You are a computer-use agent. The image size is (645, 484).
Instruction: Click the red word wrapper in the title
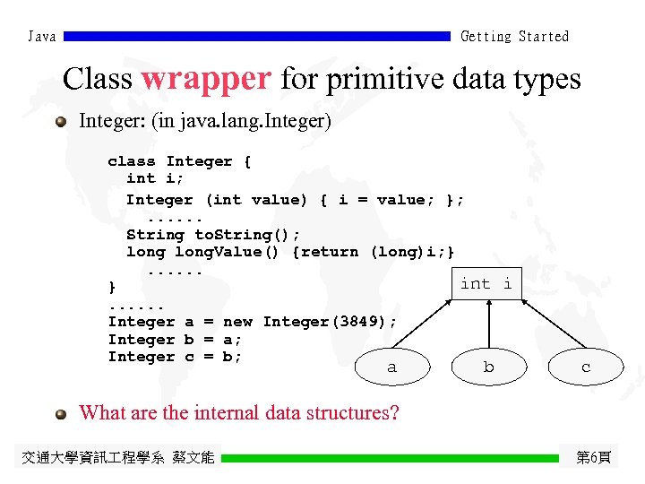point(206,79)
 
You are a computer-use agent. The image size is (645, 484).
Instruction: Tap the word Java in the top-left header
point(42,37)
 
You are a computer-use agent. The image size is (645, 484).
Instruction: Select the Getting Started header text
point(514,37)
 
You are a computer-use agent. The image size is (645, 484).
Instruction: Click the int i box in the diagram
point(486,284)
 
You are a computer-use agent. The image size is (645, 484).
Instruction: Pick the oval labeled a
point(391,367)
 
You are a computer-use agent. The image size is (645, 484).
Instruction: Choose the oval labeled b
point(488,367)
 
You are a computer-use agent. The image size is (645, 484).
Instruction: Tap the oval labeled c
point(586,367)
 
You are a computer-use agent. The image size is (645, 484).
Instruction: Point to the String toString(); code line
point(213,235)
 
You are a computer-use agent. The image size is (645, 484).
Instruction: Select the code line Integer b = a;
point(175,340)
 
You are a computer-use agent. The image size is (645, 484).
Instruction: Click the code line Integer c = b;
point(175,357)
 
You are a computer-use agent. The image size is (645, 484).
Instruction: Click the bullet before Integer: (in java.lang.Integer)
point(61,121)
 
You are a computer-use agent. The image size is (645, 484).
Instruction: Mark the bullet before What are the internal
point(61,413)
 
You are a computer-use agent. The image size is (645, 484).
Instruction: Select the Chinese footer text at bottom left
point(117,458)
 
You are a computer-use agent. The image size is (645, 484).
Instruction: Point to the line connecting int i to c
point(546,324)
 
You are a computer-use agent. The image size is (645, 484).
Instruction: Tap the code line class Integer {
point(179,161)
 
